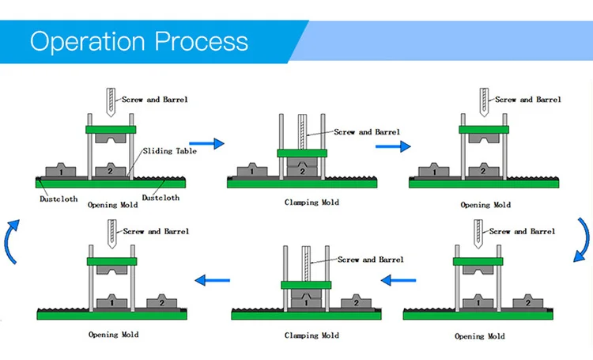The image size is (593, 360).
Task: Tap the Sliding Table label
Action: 170,151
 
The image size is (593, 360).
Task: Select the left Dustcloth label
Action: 59,199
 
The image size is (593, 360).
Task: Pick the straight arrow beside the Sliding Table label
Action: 207,143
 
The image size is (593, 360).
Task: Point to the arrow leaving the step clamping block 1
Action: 213,279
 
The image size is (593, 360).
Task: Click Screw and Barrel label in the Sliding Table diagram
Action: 155,100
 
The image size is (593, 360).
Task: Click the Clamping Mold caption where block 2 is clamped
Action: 312,203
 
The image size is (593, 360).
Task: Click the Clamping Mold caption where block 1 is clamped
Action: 312,335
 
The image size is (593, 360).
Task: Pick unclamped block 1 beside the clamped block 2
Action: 251,170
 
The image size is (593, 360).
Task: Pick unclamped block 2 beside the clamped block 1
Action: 354,302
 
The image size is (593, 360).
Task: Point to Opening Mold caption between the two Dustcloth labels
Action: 112,204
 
